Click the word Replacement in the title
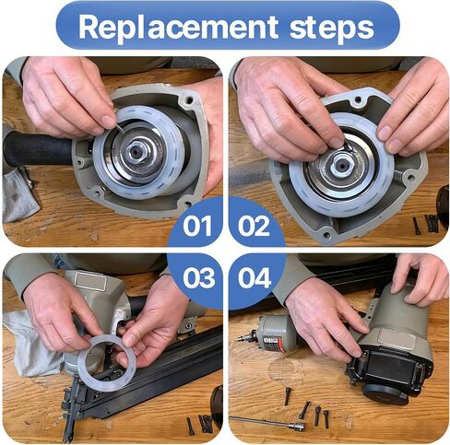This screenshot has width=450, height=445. click(x=178, y=28)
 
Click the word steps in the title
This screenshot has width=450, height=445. click(x=332, y=29)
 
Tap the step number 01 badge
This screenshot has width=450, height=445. click(x=197, y=226)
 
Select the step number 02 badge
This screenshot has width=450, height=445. click(x=254, y=226)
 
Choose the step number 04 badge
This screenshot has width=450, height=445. click(x=255, y=278)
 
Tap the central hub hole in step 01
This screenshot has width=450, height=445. click(x=136, y=151)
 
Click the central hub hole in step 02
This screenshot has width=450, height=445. click(x=342, y=165)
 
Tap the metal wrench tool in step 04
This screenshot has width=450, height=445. click(x=267, y=422)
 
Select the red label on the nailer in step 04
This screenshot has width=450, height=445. click(x=272, y=344)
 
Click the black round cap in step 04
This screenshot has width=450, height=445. click(x=385, y=394)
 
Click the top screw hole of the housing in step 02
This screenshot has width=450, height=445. click(x=358, y=100)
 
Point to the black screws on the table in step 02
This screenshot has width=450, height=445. click(x=426, y=223)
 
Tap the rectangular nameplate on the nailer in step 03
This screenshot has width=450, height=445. click(x=90, y=281)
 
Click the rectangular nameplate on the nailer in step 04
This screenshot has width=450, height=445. click(x=397, y=339)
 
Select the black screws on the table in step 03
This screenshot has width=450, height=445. click(x=200, y=425)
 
